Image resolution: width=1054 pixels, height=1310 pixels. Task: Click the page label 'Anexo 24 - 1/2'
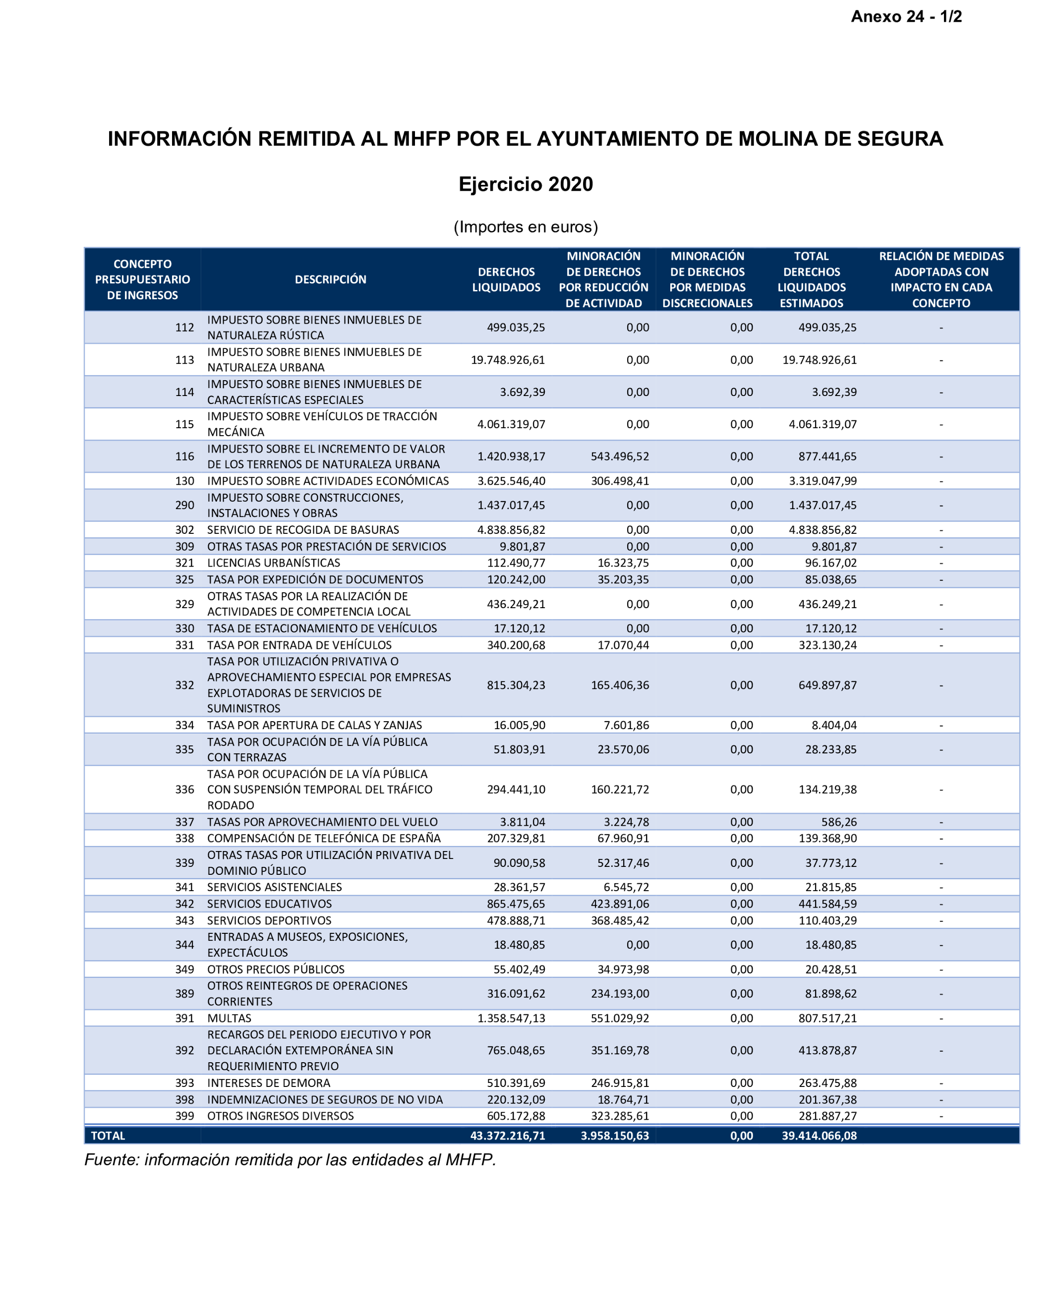click(x=906, y=16)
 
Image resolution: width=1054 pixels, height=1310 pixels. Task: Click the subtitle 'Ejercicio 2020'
click(x=526, y=184)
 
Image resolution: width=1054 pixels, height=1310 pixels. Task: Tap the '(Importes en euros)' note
click(x=526, y=227)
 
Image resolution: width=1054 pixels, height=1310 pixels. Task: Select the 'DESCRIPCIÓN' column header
click(x=330, y=280)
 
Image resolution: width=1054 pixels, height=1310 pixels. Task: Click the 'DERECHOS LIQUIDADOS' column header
click(x=506, y=280)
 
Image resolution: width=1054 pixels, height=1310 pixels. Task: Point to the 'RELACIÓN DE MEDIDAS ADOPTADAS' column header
click(x=941, y=280)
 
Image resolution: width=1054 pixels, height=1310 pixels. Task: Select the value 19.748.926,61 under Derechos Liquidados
click(x=508, y=360)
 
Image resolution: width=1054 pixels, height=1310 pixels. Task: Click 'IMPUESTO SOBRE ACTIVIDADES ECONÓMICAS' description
click(x=328, y=481)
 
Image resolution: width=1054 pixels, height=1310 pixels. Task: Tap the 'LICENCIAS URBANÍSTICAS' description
click(x=274, y=563)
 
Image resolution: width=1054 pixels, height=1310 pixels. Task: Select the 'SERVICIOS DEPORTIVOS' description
click(x=269, y=920)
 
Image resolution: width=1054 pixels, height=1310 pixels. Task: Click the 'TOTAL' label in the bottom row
click(x=108, y=1136)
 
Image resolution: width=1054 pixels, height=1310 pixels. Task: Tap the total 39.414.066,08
click(x=819, y=1136)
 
